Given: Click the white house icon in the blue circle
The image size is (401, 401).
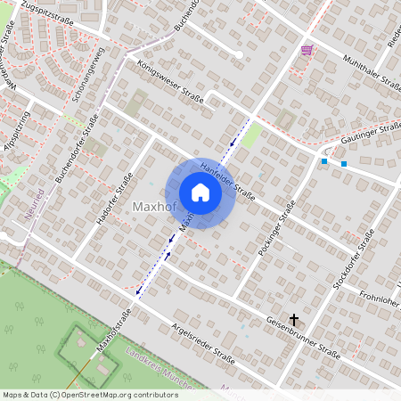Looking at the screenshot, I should (x=200, y=192).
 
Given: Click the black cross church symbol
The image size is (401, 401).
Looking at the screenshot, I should (x=294, y=318).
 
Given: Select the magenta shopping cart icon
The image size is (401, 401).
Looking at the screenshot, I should (x=307, y=50).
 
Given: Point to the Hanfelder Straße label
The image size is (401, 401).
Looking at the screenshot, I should (x=228, y=176).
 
